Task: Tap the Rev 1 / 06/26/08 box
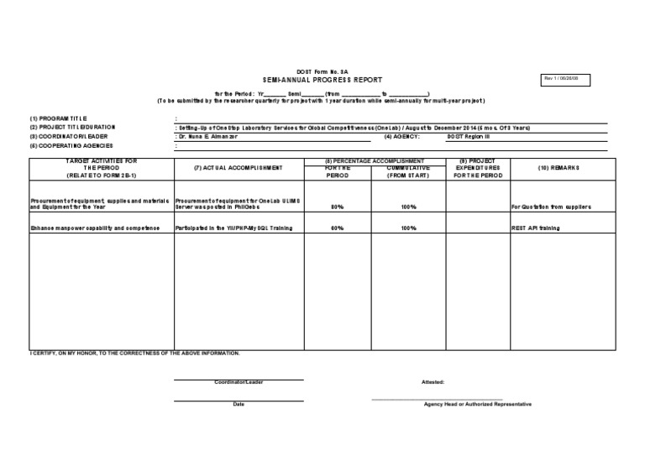point(567,78)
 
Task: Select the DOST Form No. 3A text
point(322,71)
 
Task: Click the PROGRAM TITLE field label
point(58,118)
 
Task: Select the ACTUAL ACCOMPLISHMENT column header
point(238,168)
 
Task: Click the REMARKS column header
point(558,168)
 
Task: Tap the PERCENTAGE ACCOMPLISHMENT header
point(375,160)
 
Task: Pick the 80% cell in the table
point(337,206)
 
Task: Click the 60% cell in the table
point(337,228)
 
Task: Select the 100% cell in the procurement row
point(409,206)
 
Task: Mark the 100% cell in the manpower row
point(409,228)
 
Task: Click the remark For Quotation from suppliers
point(551,206)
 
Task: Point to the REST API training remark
point(535,228)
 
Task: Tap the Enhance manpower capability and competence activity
point(95,228)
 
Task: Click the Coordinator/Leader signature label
point(239,382)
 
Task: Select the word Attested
point(433,381)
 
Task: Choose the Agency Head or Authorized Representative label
point(477,404)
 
